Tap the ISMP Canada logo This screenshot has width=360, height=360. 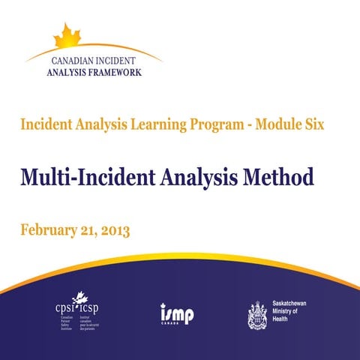176,313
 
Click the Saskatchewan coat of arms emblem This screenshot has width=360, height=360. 257,314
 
